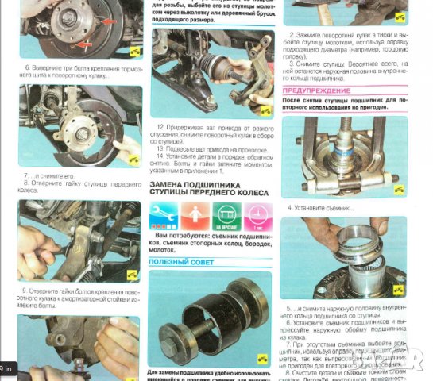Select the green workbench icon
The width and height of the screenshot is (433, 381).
click(225, 214)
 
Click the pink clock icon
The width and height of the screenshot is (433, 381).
click(256, 214)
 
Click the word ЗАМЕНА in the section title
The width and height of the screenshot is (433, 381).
click(169, 183)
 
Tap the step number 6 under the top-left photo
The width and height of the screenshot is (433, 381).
click(26, 69)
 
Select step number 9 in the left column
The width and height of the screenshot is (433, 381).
click(25, 291)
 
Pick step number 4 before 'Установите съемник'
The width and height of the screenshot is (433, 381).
click(290, 208)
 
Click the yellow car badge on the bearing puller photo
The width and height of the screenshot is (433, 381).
click(399, 190)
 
